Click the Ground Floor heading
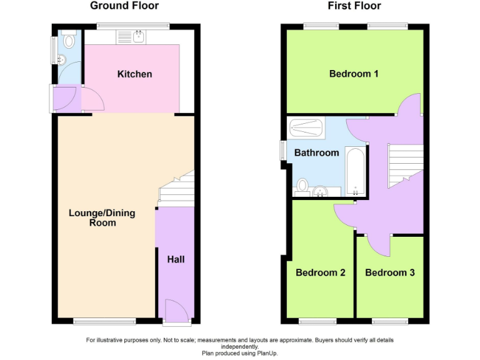(x=124, y=6)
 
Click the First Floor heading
(x=354, y=6)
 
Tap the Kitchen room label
(x=134, y=74)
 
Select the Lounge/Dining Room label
(x=102, y=217)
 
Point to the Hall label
(x=176, y=259)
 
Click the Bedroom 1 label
(x=354, y=74)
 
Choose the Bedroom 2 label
(x=321, y=272)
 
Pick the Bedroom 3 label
(x=390, y=272)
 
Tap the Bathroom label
(x=317, y=153)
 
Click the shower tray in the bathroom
(x=307, y=129)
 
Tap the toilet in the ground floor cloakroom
(x=69, y=41)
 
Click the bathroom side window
(x=282, y=150)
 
